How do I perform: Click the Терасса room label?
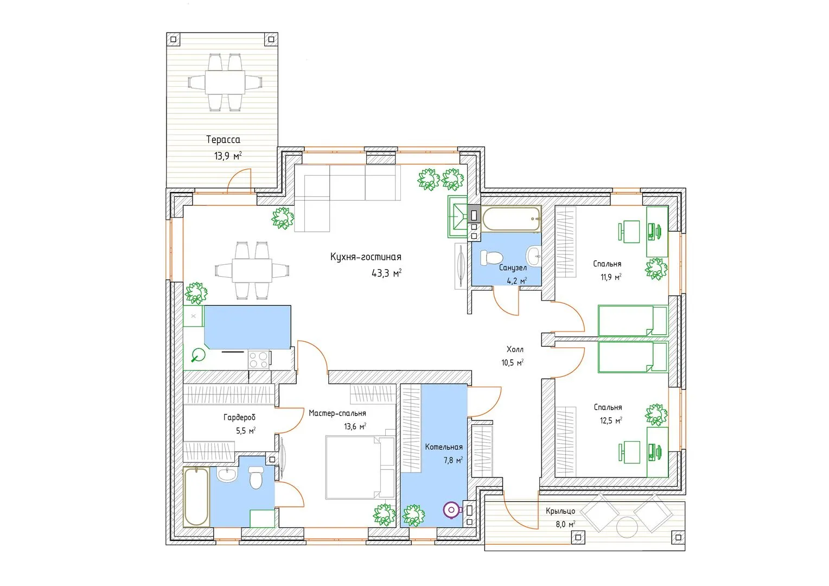coord(223,139)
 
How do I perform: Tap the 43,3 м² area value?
coord(386,273)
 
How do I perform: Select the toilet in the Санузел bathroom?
coord(491,257)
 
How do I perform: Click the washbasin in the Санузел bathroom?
coord(534,256)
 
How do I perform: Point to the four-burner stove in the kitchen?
coord(259,359)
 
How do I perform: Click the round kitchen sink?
coord(199,355)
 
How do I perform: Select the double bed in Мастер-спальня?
coord(360,468)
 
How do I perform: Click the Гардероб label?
coord(239,418)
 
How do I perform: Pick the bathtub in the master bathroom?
coord(196,497)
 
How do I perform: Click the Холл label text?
coord(515,349)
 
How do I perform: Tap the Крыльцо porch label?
coord(560,511)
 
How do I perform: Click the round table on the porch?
coord(627,527)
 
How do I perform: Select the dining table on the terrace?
coord(225,82)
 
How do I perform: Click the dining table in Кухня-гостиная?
coord(252,270)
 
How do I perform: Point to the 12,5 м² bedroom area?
coord(611,421)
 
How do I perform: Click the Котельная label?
coord(444,447)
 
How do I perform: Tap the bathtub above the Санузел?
coord(511,219)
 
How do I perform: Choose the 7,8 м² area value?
coord(454,461)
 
